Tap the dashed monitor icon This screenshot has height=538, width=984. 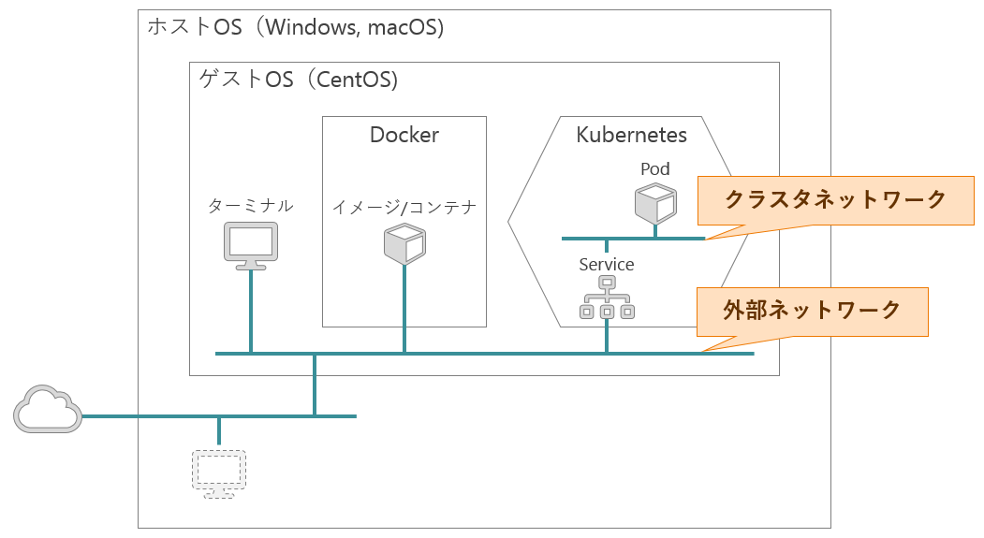[x=219, y=474]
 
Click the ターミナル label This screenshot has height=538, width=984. [x=250, y=206]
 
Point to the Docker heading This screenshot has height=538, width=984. [x=404, y=135]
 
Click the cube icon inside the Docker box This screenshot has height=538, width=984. [x=404, y=244]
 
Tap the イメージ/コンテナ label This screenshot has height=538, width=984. [x=404, y=207]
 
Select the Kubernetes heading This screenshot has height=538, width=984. [x=631, y=135]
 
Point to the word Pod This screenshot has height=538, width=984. [x=655, y=168]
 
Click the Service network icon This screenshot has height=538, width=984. [x=607, y=298]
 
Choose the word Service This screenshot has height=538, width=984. [x=606, y=265]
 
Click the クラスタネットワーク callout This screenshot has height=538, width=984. [x=836, y=200]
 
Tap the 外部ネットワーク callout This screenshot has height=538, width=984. [x=812, y=312]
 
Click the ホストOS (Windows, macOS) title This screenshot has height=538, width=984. [x=296, y=27]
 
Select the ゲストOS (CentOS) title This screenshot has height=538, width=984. [x=299, y=80]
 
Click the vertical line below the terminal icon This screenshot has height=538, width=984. [x=251, y=312]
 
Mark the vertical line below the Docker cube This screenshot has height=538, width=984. [x=404, y=309]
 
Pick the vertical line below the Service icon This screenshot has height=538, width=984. [x=607, y=336]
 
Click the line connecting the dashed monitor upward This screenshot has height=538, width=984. [x=219, y=431]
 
